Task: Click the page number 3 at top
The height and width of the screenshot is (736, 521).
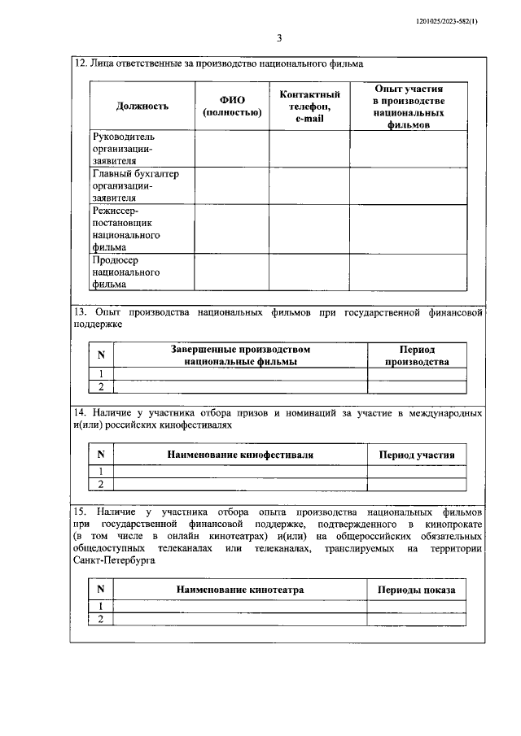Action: coord(278,37)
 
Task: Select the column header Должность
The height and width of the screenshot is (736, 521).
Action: coord(142,106)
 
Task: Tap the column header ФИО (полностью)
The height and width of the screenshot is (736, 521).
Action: coord(232,106)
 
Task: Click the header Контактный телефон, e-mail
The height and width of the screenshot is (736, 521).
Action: coord(309,106)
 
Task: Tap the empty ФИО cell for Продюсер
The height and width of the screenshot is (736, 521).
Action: coord(232,272)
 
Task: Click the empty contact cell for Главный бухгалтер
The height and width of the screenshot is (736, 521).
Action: coord(309,185)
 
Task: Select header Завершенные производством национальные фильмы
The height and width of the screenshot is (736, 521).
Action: coord(240,355)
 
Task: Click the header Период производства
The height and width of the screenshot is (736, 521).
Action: coord(416,355)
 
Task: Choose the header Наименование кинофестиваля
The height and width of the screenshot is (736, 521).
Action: coord(240,455)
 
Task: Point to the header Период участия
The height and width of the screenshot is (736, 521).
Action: coord(417,455)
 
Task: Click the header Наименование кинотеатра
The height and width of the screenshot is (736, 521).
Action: coord(240,590)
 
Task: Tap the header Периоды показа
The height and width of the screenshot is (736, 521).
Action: coord(417,590)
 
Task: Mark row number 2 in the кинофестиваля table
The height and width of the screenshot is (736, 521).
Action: coord(101,484)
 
